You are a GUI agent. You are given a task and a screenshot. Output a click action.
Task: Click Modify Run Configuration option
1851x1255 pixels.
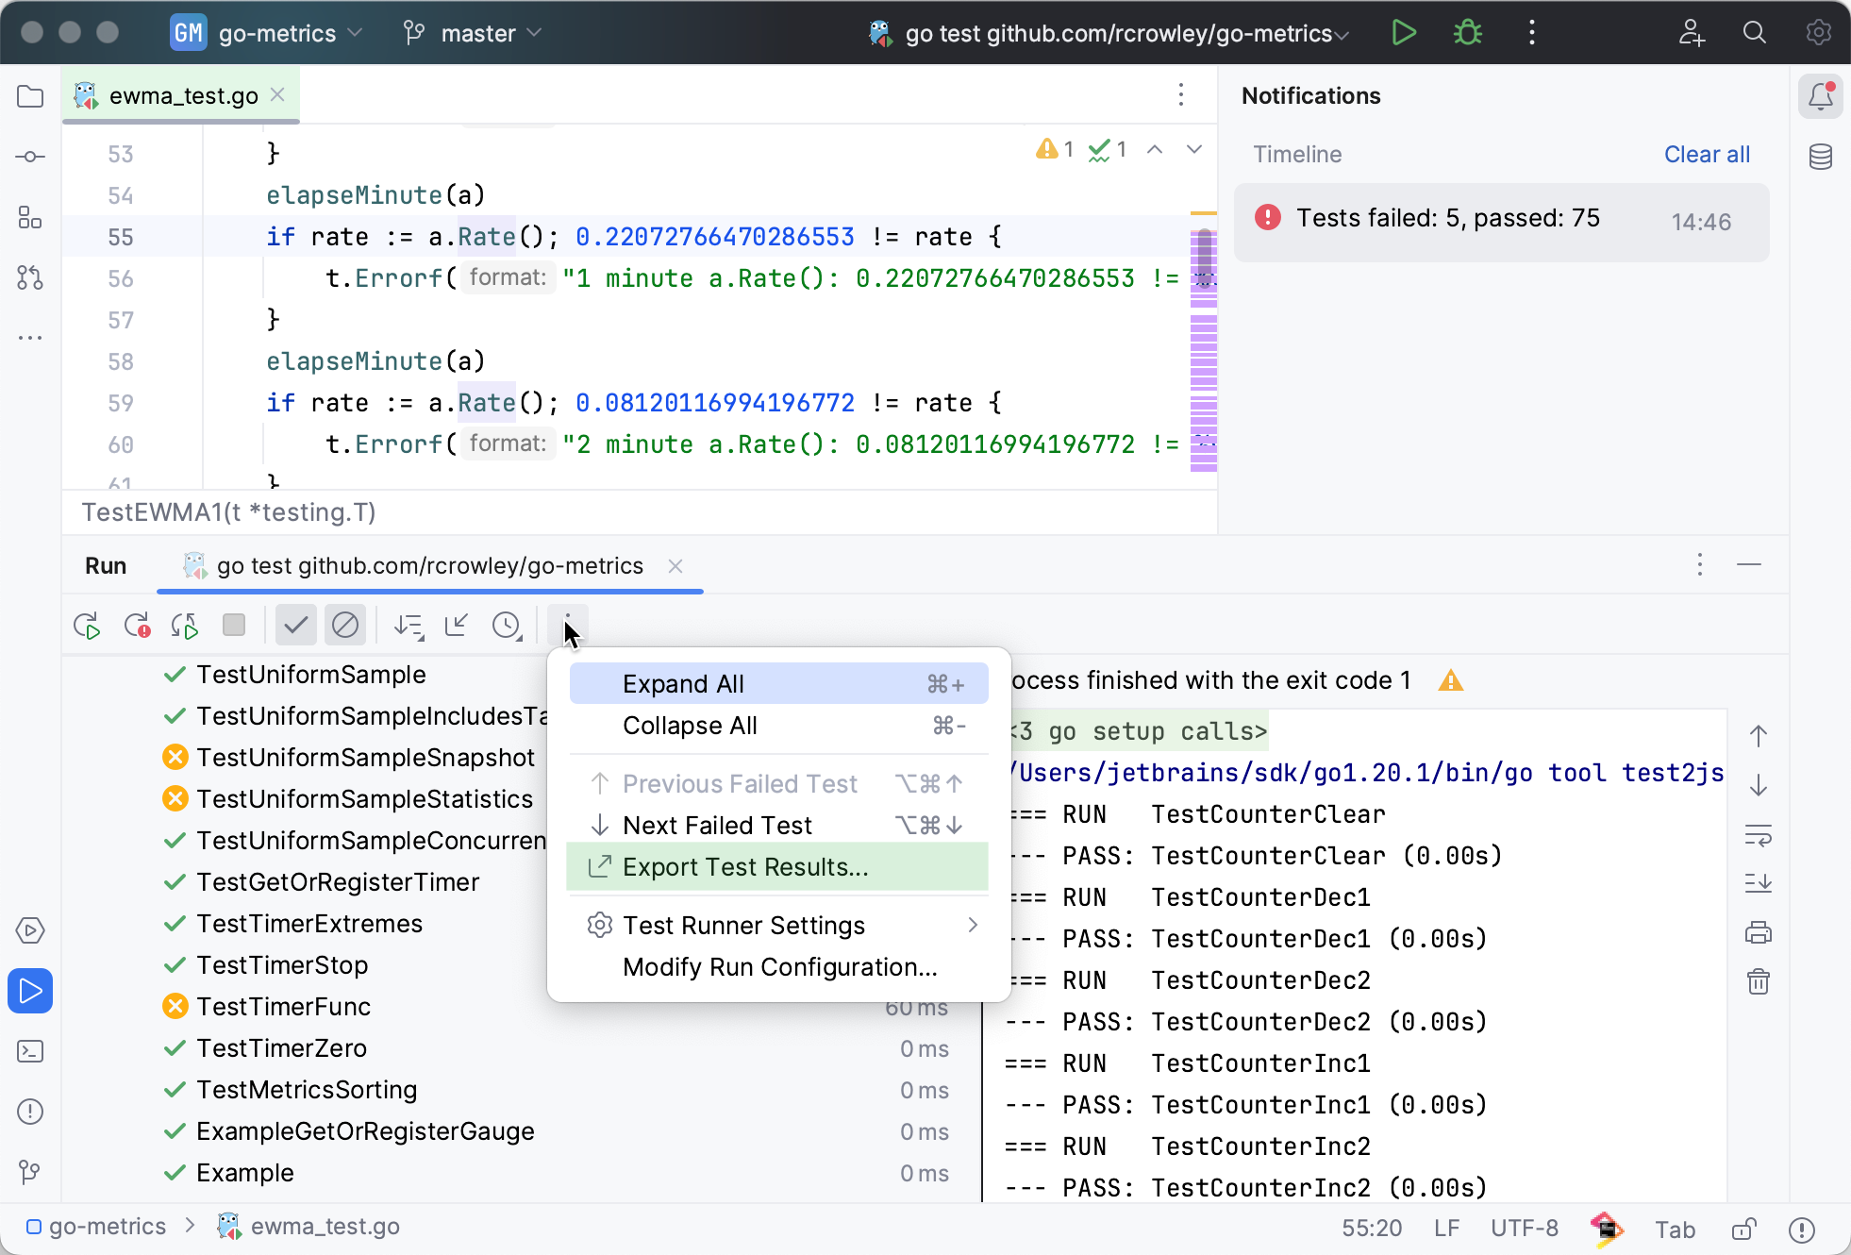point(779,966)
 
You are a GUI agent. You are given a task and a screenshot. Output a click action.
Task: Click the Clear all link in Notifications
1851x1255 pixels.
point(1707,154)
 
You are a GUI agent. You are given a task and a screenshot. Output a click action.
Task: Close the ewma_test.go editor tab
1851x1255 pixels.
point(277,94)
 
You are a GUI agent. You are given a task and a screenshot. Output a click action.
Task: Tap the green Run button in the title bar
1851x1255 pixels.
point(1404,33)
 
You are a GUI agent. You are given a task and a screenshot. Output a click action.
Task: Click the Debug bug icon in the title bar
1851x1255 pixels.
point(1467,33)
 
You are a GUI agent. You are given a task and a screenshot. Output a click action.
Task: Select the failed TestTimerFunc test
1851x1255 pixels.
point(283,1006)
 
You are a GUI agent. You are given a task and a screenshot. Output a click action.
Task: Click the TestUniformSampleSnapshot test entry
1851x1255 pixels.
point(365,757)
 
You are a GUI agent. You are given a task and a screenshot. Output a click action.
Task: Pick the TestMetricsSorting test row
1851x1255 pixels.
point(306,1089)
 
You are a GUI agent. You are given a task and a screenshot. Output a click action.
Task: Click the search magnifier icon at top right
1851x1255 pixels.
point(1754,33)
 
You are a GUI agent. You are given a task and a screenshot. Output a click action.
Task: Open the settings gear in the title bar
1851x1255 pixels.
point(1818,33)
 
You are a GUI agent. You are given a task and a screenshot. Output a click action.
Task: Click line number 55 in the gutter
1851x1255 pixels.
point(120,236)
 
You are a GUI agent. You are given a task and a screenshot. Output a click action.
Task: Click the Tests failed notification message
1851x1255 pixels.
point(1447,218)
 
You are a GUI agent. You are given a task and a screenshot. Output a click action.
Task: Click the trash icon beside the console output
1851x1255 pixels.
point(1759,981)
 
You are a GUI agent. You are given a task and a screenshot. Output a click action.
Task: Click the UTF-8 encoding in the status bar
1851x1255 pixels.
point(1524,1228)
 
